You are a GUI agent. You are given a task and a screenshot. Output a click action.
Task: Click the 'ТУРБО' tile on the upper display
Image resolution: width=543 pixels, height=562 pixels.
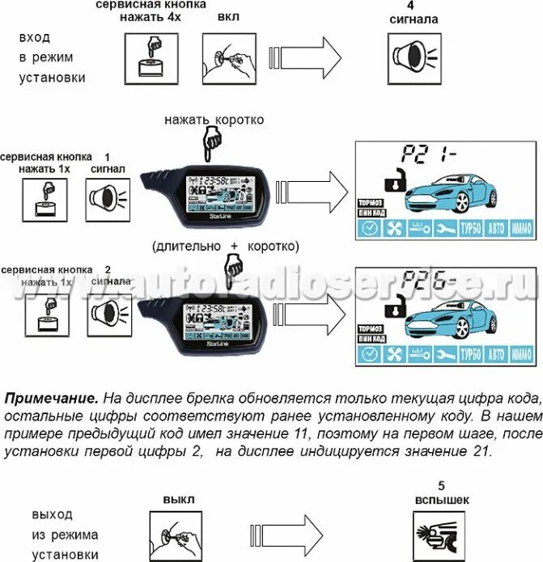pos(470,229)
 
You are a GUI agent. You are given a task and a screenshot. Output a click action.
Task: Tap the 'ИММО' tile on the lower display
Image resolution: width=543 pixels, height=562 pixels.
pos(522,355)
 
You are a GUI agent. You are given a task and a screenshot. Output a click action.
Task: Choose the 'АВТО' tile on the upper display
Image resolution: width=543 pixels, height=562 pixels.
pos(496,229)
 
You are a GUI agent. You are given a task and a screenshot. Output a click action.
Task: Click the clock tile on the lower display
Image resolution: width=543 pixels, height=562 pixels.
pos(367,355)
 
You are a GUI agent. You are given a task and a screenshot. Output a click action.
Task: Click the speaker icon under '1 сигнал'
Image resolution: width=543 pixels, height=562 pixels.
pos(107,199)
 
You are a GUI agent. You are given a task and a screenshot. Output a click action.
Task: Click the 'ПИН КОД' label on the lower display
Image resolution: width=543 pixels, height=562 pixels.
pos(369,338)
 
